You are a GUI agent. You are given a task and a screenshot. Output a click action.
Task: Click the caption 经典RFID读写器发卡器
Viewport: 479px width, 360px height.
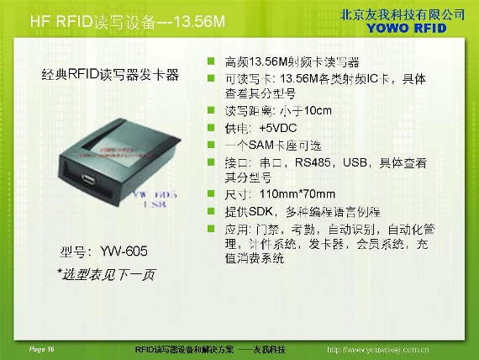110,74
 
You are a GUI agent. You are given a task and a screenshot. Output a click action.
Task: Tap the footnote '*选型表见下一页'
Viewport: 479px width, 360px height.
105,274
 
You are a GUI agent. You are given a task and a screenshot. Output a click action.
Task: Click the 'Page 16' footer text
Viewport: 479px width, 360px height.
41,348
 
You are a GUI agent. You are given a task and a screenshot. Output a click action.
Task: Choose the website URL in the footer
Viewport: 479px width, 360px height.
377,349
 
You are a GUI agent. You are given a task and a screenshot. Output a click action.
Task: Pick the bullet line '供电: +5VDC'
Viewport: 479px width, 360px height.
261,128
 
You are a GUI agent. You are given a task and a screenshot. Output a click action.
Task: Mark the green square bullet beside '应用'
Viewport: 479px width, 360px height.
212,228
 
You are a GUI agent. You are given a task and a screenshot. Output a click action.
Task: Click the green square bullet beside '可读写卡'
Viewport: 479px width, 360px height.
212,78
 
